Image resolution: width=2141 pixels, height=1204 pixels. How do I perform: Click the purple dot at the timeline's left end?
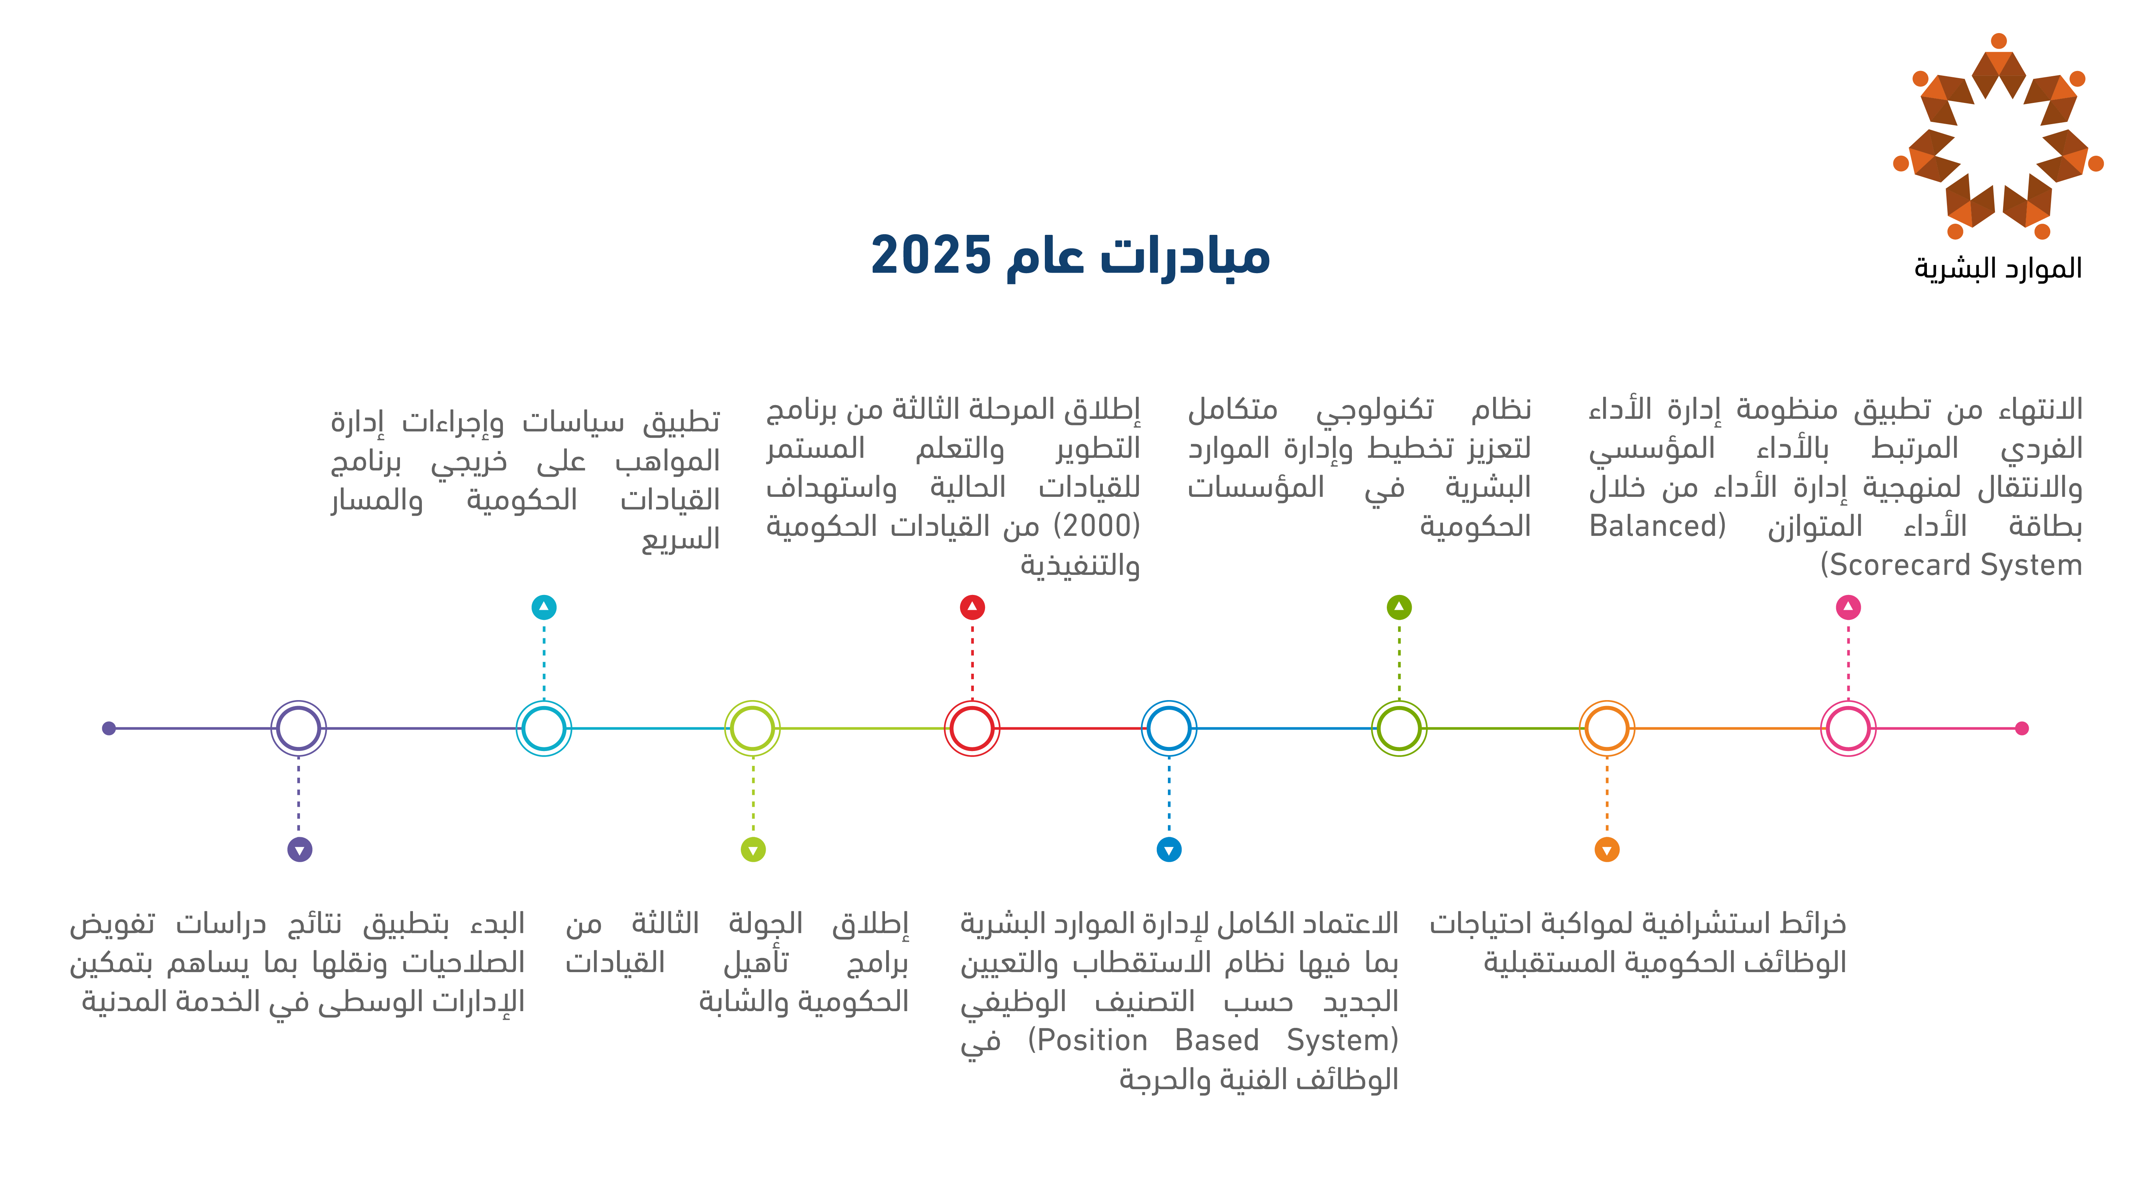[x=109, y=729]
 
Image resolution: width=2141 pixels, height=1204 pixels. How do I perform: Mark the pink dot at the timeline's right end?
[x=2022, y=729]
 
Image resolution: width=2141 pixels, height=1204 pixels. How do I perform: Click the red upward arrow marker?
[x=972, y=608]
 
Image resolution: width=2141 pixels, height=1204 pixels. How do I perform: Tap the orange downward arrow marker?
[x=1607, y=850]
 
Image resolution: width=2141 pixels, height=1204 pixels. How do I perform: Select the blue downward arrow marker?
[x=1169, y=850]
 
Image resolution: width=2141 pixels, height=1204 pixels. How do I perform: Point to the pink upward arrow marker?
[x=1848, y=608]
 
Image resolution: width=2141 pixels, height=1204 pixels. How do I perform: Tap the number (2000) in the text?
[x=1097, y=526]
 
